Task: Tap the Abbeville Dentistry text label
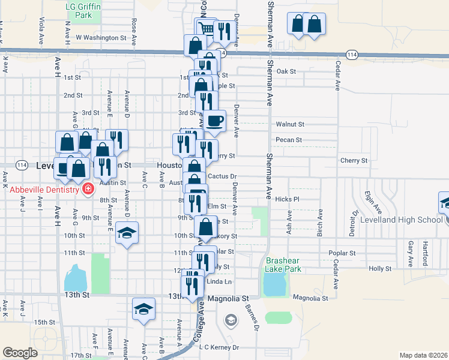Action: coord(44,190)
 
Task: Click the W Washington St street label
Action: coord(101,37)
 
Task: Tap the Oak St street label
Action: coord(287,71)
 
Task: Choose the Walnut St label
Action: coord(291,124)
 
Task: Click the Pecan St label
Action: coord(288,140)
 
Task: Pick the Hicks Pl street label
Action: coord(288,199)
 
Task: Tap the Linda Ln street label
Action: coord(219,281)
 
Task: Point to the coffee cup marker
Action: coord(214,121)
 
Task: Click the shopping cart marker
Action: coord(206,29)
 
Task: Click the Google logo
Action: coord(20,353)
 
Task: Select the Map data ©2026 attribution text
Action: coord(423,355)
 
